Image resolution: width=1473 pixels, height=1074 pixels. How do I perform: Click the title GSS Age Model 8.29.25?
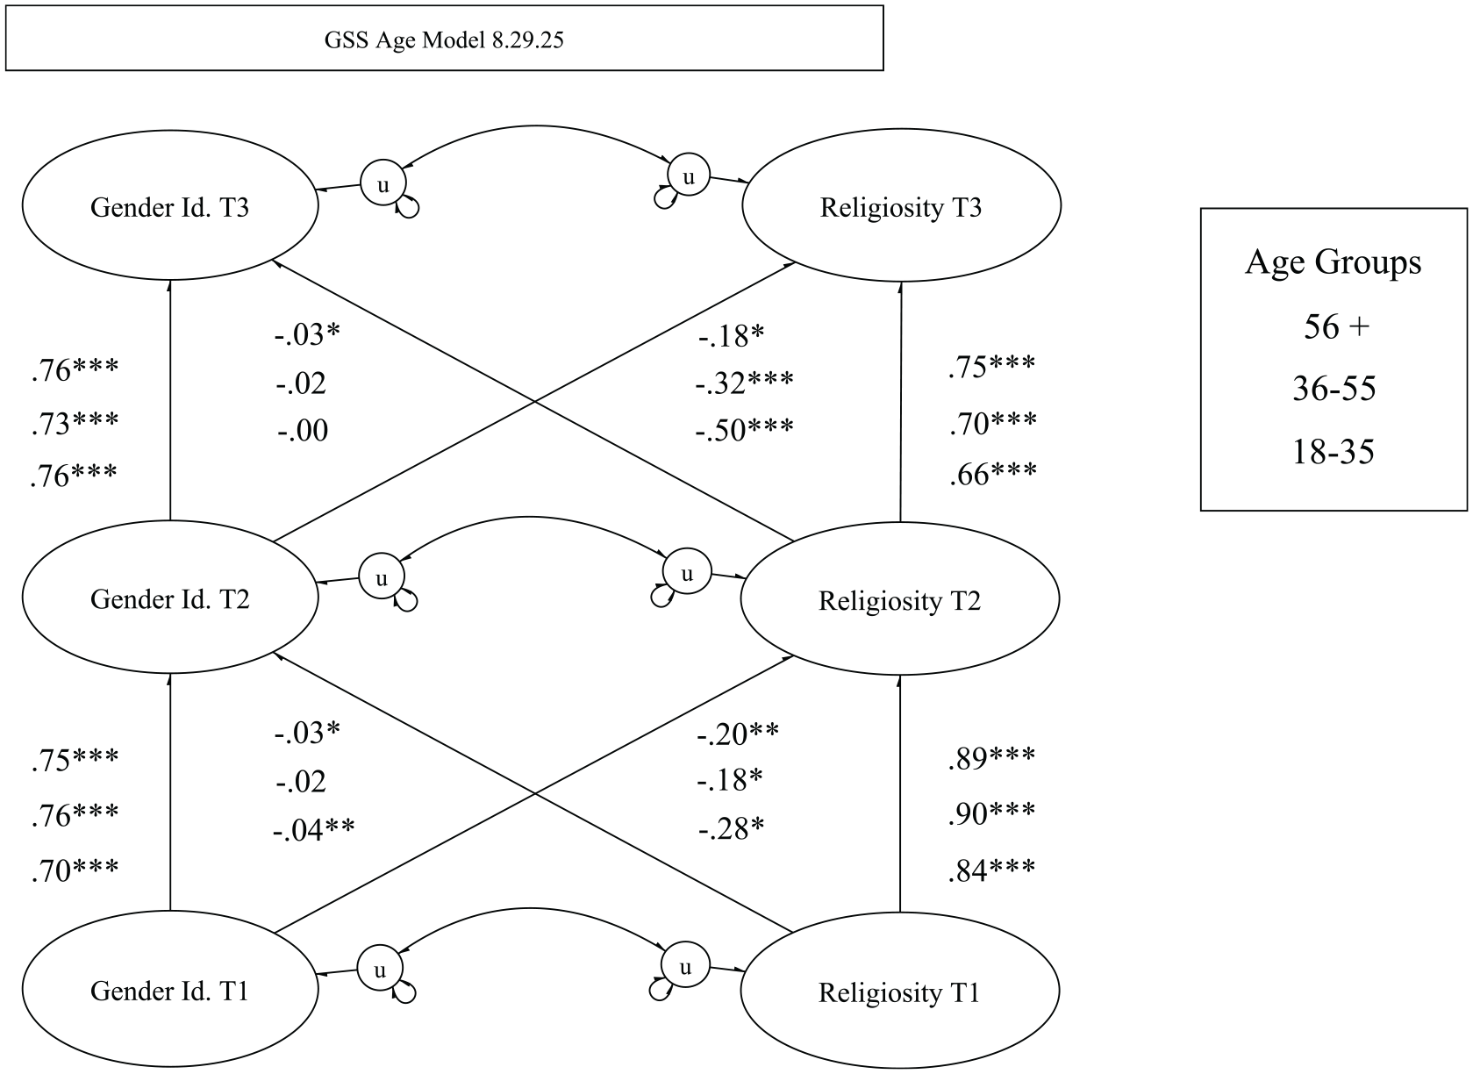[444, 40]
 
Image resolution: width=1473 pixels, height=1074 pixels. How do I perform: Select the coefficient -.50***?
[744, 430]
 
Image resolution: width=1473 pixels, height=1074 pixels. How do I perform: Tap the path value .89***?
[991, 758]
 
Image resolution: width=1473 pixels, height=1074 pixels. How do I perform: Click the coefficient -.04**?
[314, 829]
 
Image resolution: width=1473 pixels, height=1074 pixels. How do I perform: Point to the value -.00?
[303, 431]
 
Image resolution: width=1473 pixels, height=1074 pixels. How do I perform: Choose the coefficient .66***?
[993, 474]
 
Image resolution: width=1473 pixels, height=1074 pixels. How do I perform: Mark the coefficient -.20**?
[738, 734]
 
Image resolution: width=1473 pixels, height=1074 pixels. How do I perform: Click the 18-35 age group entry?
[1333, 452]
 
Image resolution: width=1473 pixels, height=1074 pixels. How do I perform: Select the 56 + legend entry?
[1336, 326]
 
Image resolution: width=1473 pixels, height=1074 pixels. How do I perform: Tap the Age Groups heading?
[1333, 261]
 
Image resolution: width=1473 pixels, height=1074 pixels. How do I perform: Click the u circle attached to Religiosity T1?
[685, 965]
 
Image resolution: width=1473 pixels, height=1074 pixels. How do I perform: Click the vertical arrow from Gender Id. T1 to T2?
[170, 791]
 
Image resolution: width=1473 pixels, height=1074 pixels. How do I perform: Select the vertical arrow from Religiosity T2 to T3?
[900, 402]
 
